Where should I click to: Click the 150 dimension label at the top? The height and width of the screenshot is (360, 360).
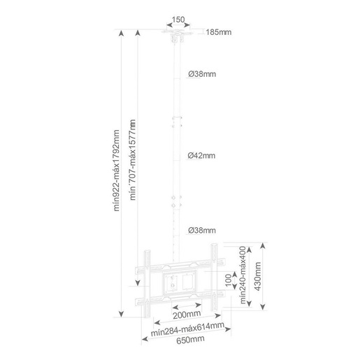pos(178,20)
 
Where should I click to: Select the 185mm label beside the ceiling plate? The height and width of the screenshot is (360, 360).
pos(219,32)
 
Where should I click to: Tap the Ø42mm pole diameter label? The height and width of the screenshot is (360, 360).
pos(201,155)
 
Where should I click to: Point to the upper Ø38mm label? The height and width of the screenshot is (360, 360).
pos(202,74)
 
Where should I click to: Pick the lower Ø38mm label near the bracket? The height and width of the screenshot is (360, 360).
pos(202,230)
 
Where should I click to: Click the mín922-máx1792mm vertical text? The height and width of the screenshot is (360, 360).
pos(116,171)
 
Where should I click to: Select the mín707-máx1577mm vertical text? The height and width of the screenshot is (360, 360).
pos(132,160)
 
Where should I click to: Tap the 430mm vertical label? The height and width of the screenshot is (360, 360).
pos(257,276)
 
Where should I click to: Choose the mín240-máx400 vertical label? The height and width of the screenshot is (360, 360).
pos(243,275)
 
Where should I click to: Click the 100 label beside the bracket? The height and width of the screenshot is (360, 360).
pos(229,280)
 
